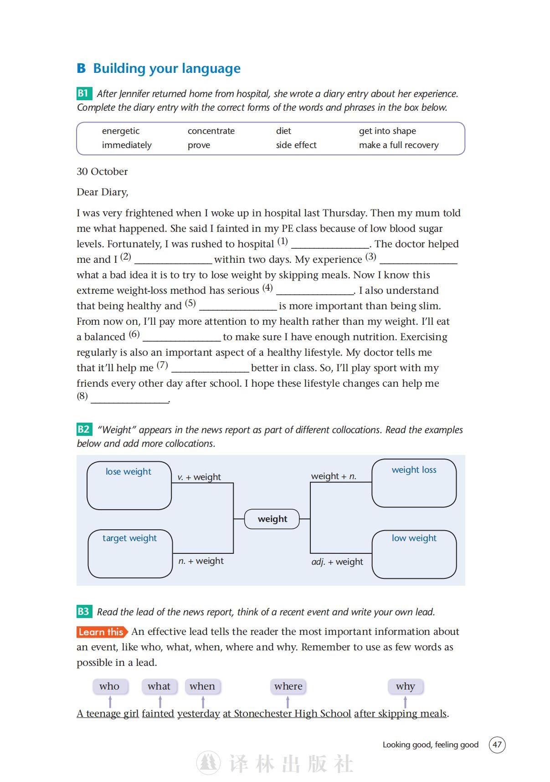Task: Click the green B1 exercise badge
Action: tap(84, 93)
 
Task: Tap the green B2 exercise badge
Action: tap(84, 429)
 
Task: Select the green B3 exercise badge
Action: tap(84, 612)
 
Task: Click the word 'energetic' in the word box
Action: tap(121, 131)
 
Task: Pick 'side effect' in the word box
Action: tap(296, 145)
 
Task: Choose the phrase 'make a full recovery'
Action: tap(399, 145)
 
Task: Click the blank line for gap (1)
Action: tap(330, 246)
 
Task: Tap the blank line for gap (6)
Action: tap(182, 339)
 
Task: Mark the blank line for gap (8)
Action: tap(130, 400)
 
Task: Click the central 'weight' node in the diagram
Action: tap(272, 519)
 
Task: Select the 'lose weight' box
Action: tap(129, 486)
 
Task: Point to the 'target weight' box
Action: tap(130, 553)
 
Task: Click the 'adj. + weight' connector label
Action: tap(337, 562)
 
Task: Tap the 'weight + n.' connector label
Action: tap(334, 476)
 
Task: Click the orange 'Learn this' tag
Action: tap(102, 632)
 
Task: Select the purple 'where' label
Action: tap(288, 686)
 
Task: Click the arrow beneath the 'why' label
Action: tap(405, 702)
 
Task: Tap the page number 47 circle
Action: tap(497, 745)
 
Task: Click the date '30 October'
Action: tap(102, 172)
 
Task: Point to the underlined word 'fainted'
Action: tap(158, 714)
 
